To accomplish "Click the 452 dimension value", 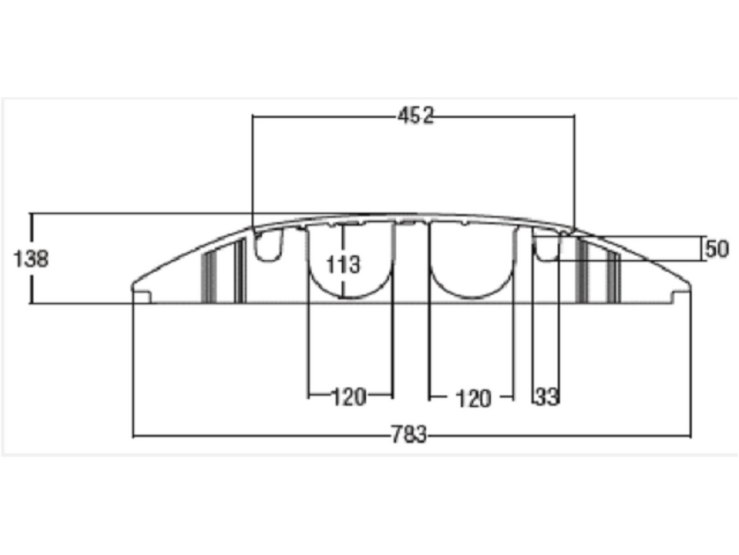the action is [415, 116].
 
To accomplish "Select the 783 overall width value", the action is [409, 434].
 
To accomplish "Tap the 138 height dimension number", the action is [31, 258].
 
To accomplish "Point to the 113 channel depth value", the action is [343, 265].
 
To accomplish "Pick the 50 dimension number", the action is [717, 249].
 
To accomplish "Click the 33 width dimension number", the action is [547, 397].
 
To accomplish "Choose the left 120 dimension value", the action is [349, 397].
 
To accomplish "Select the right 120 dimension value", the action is [474, 399].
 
